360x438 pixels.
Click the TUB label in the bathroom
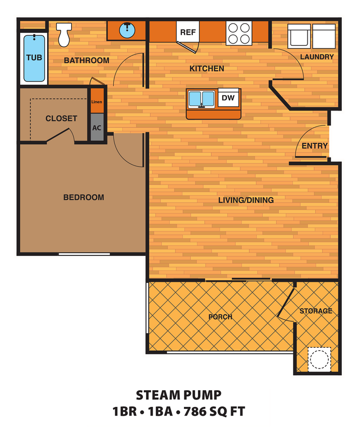34,57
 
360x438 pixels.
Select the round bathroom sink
127,30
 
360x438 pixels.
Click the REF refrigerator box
188,32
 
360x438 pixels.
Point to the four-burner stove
239,33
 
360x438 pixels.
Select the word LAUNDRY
317,57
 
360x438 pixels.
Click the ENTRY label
314,146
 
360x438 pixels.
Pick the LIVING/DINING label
246,200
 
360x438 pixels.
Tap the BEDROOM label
83,197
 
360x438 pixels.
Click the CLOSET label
61,118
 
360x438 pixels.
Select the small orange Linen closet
97,102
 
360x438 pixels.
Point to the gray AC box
97,127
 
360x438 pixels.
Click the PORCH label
220,317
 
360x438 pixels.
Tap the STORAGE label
315,311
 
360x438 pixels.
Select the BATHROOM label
86,60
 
